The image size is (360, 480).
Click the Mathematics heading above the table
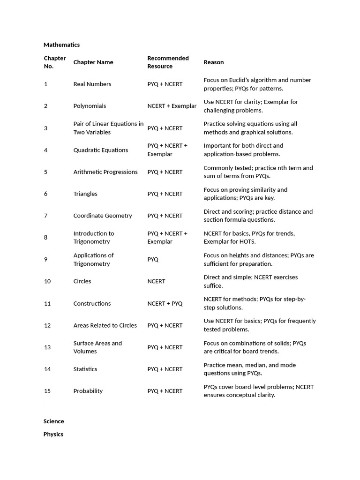point(61,45)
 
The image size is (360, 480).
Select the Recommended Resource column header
point(168,62)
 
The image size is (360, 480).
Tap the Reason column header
point(213,62)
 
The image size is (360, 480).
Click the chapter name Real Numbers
point(92,84)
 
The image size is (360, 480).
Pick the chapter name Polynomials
point(90,106)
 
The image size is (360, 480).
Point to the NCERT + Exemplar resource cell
point(172,106)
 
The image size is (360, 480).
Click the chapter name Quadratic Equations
point(100,150)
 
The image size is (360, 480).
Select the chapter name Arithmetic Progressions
point(105,172)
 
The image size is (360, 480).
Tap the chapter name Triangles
point(85,194)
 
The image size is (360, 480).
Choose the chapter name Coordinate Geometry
point(103,216)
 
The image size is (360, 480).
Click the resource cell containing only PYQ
point(153,259)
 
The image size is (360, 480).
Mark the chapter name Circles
point(82,281)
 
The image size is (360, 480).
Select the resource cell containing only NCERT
point(156,281)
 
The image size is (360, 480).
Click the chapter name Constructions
point(92,303)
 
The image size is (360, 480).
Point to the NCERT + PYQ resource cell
point(165,303)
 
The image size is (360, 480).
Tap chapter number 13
point(47,347)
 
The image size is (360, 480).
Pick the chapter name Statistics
point(85,369)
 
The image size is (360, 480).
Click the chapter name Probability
point(88,391)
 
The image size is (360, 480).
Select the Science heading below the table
point(53,421)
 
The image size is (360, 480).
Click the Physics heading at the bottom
point(53,435)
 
